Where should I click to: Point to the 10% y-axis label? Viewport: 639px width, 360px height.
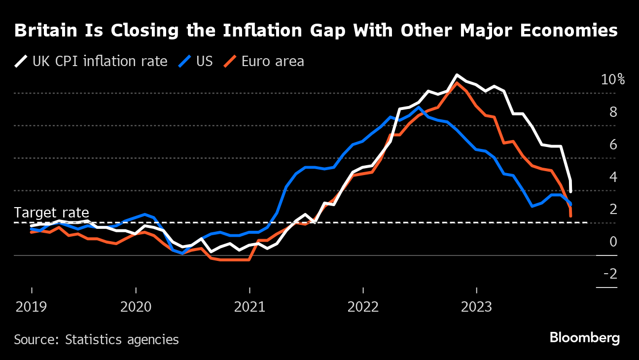612,80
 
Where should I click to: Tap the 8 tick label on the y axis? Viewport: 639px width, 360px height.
613,112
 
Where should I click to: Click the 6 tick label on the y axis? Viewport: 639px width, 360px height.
613,145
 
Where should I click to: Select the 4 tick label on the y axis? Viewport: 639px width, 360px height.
613,177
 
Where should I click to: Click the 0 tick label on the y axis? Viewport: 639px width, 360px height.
613,242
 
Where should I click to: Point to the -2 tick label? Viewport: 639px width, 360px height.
610,274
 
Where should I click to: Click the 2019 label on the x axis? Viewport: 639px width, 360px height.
32,307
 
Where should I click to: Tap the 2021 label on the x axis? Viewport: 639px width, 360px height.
249,307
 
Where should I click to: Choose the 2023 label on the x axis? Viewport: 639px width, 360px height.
476,307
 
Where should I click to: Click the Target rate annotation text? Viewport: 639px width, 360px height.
51,213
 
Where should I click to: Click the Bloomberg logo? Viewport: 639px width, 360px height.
584,338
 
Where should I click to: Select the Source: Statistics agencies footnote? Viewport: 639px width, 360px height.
96,340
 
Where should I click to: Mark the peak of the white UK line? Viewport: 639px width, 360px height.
457,75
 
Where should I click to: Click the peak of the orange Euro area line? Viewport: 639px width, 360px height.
457,83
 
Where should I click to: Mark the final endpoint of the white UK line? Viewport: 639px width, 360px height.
570,191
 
